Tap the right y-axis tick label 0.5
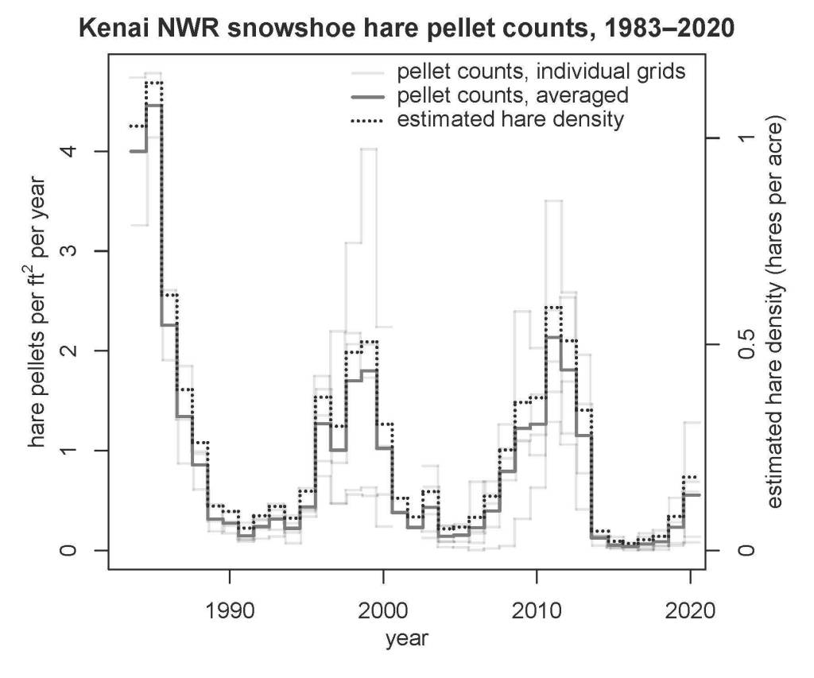(746, 343)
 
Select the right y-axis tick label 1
(746, 138)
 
